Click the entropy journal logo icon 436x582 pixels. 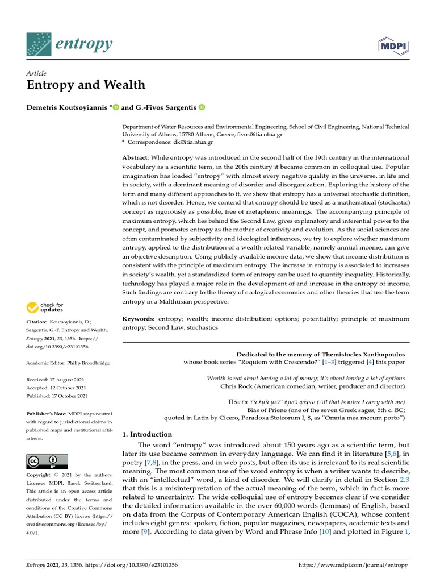point(39,44)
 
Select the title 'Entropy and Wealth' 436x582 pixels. point(86,85)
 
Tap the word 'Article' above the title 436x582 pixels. point(36,73)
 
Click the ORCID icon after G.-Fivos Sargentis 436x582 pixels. point(202,107)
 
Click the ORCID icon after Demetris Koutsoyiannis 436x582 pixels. point(116,107)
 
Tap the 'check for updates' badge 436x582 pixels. point(45,307)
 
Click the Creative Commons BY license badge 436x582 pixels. point(47,461)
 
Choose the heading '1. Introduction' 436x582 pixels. point(148,434)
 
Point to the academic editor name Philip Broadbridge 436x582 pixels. point(89,363)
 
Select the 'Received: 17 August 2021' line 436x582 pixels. point(57,379)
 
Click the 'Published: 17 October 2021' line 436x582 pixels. point(57,396)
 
